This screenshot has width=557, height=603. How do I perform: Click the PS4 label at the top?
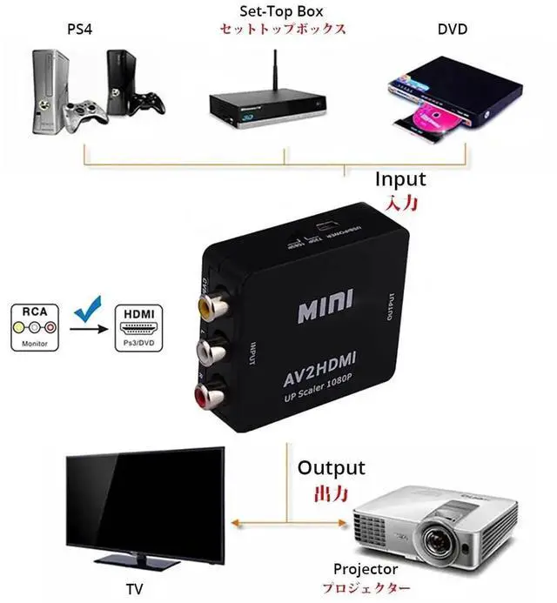point(79,30)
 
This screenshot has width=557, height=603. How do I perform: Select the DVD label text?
point(453,30)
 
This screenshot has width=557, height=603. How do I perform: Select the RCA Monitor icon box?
point(35,327)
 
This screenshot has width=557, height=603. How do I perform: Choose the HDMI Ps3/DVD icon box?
point(139,327)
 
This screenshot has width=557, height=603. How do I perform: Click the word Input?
point(400,179)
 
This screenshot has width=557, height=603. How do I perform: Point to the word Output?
point(332,467)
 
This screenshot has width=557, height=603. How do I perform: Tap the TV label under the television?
point(134,589)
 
